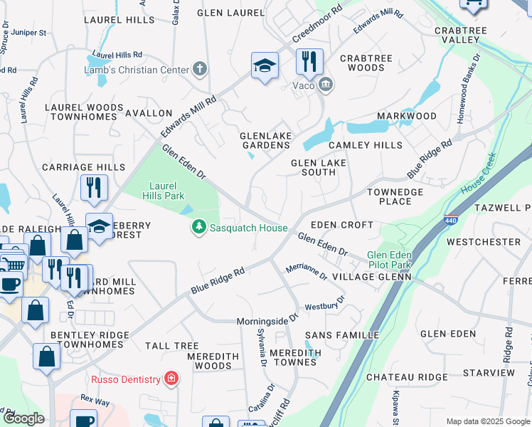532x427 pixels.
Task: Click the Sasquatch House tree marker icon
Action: tap(200, 228)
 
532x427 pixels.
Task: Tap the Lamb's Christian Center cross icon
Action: tap(201, 69)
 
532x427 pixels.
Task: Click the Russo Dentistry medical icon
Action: tap(171, 379)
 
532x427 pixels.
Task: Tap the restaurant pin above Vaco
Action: tap(309, 62)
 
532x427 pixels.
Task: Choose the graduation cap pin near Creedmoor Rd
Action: tap(265, 66)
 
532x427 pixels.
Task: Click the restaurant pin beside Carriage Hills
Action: tap(94, 188)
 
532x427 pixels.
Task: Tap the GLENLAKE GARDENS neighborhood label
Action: tap(265, 139)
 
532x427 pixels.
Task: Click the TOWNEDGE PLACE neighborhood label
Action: tap(395, 196)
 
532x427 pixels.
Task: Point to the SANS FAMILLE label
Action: tap(332, 334)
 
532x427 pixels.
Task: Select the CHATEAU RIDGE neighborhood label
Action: tap(407, 377)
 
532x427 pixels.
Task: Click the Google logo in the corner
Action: tap(23, 418)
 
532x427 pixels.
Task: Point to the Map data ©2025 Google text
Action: tap(487, 421)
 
